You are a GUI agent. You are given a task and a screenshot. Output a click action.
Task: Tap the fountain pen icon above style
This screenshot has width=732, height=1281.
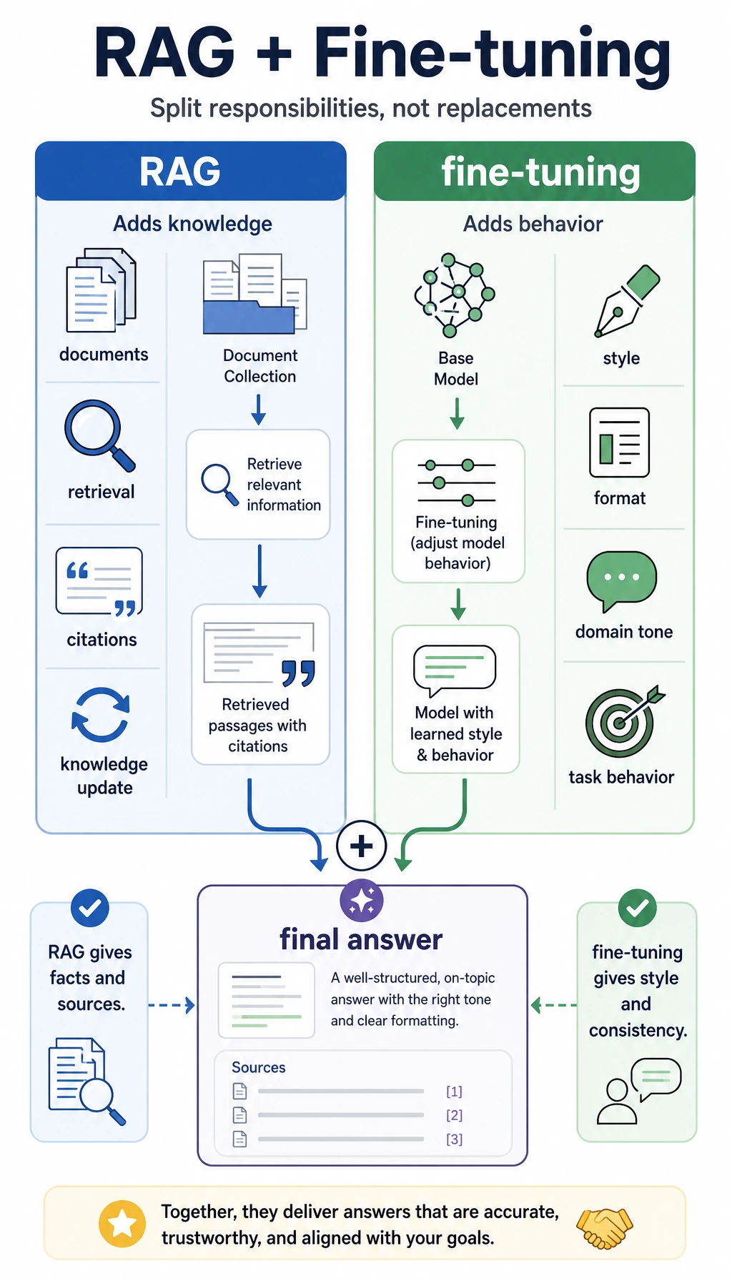click(x=627, y=301)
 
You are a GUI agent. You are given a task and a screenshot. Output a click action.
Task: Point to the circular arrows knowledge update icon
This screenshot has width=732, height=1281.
click(x=101, y=715)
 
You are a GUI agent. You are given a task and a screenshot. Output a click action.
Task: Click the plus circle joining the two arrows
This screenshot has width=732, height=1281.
click(x=362, y=846)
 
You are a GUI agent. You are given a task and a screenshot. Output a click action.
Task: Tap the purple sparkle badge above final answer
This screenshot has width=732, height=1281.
click(x=362, y=900)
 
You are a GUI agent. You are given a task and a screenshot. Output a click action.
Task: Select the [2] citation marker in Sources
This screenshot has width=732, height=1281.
click(x=455, y=1115)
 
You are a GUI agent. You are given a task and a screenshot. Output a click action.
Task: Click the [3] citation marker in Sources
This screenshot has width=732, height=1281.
click(x=455, y=1139)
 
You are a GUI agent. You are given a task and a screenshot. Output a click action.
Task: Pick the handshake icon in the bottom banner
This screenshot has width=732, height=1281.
click(x=604, y=1227)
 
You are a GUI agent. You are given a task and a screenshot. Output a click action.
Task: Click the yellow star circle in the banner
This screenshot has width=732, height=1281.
click(x=122, y=1224)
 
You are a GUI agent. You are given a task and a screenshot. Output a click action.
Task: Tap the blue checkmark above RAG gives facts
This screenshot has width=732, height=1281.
click(x=90, y=908)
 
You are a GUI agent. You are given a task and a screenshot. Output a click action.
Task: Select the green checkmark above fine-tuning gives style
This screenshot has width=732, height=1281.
click(x=637, y=908)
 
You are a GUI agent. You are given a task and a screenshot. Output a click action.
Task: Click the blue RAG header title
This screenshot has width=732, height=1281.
click(x=180, y=172)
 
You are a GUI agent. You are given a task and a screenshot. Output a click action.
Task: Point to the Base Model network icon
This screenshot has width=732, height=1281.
click(x=455, y=295)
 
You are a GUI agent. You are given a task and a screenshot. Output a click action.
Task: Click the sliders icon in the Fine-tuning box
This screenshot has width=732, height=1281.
click(x=457, y=483)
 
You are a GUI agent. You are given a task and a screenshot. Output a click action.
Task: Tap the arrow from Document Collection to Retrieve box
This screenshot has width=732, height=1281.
click(x=259, y=410)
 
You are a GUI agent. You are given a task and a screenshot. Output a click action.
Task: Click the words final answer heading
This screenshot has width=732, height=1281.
click(x=362, y=939)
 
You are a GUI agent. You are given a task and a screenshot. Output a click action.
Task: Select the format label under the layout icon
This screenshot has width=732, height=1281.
click(x=620, y=498)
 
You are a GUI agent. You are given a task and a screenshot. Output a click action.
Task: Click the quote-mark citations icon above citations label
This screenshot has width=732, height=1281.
click(x=99, y=581)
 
